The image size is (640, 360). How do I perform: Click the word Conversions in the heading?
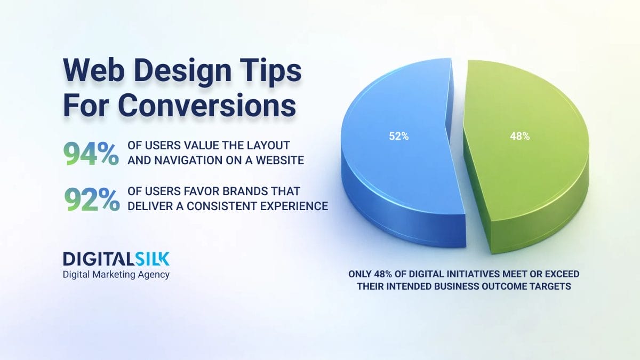pos(207,106)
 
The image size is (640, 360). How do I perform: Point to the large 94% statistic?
pos(91,154)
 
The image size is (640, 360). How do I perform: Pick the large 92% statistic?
pos(92,199)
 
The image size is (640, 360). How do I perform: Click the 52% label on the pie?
pos(398,137)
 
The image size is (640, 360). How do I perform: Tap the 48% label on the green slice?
pos(519,137)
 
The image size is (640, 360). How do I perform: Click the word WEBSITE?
pos(279,161)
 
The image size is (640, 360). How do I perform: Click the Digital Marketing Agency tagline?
pos(116,275)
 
